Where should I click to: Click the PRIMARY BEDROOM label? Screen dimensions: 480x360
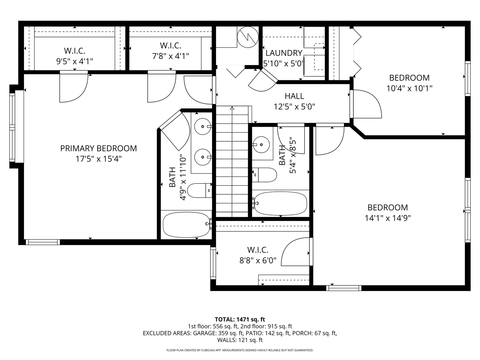[98, 148]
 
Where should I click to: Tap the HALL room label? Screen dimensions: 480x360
[294, 96]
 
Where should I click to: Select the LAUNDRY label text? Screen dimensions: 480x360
[284, 53]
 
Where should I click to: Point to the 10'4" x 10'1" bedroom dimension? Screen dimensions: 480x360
[409, 88]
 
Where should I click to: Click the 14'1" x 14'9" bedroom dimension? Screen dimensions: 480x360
[388, 218]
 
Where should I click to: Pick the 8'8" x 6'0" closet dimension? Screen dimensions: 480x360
[258, 260]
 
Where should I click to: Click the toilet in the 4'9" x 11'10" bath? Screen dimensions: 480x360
[199, 190]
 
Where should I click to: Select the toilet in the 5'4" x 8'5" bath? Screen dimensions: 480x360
[264, 175]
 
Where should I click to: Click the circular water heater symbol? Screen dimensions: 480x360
[248, 37]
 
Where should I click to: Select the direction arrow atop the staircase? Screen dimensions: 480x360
[232, 108]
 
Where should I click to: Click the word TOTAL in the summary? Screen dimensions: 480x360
[225, 319]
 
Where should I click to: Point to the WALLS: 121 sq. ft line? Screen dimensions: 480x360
[240, 340]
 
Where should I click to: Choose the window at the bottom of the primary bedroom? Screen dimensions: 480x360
[43, 242]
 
